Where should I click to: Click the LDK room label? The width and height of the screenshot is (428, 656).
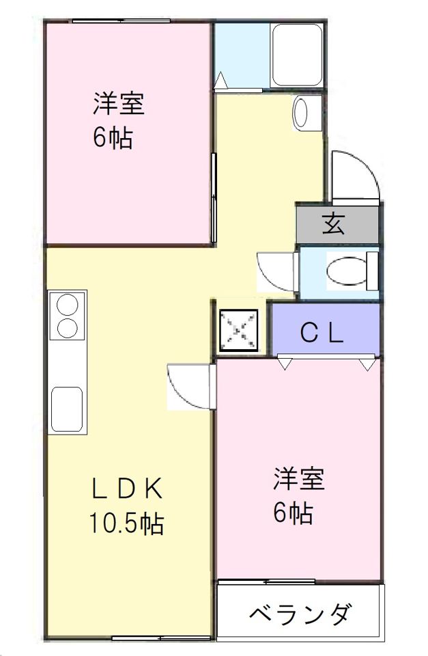(x=127, y=488)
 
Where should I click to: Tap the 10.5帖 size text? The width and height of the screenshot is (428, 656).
(x=126, y=523)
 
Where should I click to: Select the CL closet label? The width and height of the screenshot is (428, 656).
(x=322, y=333)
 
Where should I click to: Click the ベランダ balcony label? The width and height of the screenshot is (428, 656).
(x=300, y=614)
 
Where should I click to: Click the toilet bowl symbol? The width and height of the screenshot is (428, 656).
(x=350, y=271)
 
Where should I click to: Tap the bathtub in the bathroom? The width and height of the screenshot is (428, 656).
(x=296, y=55)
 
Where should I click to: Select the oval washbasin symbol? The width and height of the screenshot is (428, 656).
(x=301, y=112)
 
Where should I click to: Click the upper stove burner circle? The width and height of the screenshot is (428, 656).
(x=68, y=305)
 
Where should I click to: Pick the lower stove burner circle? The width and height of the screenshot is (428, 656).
(x=68, y=327)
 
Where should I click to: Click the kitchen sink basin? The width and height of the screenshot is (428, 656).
(x=66, y=409)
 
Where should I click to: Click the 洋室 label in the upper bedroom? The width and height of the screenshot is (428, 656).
(x=119, y=103)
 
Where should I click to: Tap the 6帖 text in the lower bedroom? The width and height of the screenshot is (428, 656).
(x=293, y=513)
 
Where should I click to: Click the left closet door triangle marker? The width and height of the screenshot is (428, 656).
(x=285, y=364)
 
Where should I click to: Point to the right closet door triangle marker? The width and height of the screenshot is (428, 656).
(x=368, y=364)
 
